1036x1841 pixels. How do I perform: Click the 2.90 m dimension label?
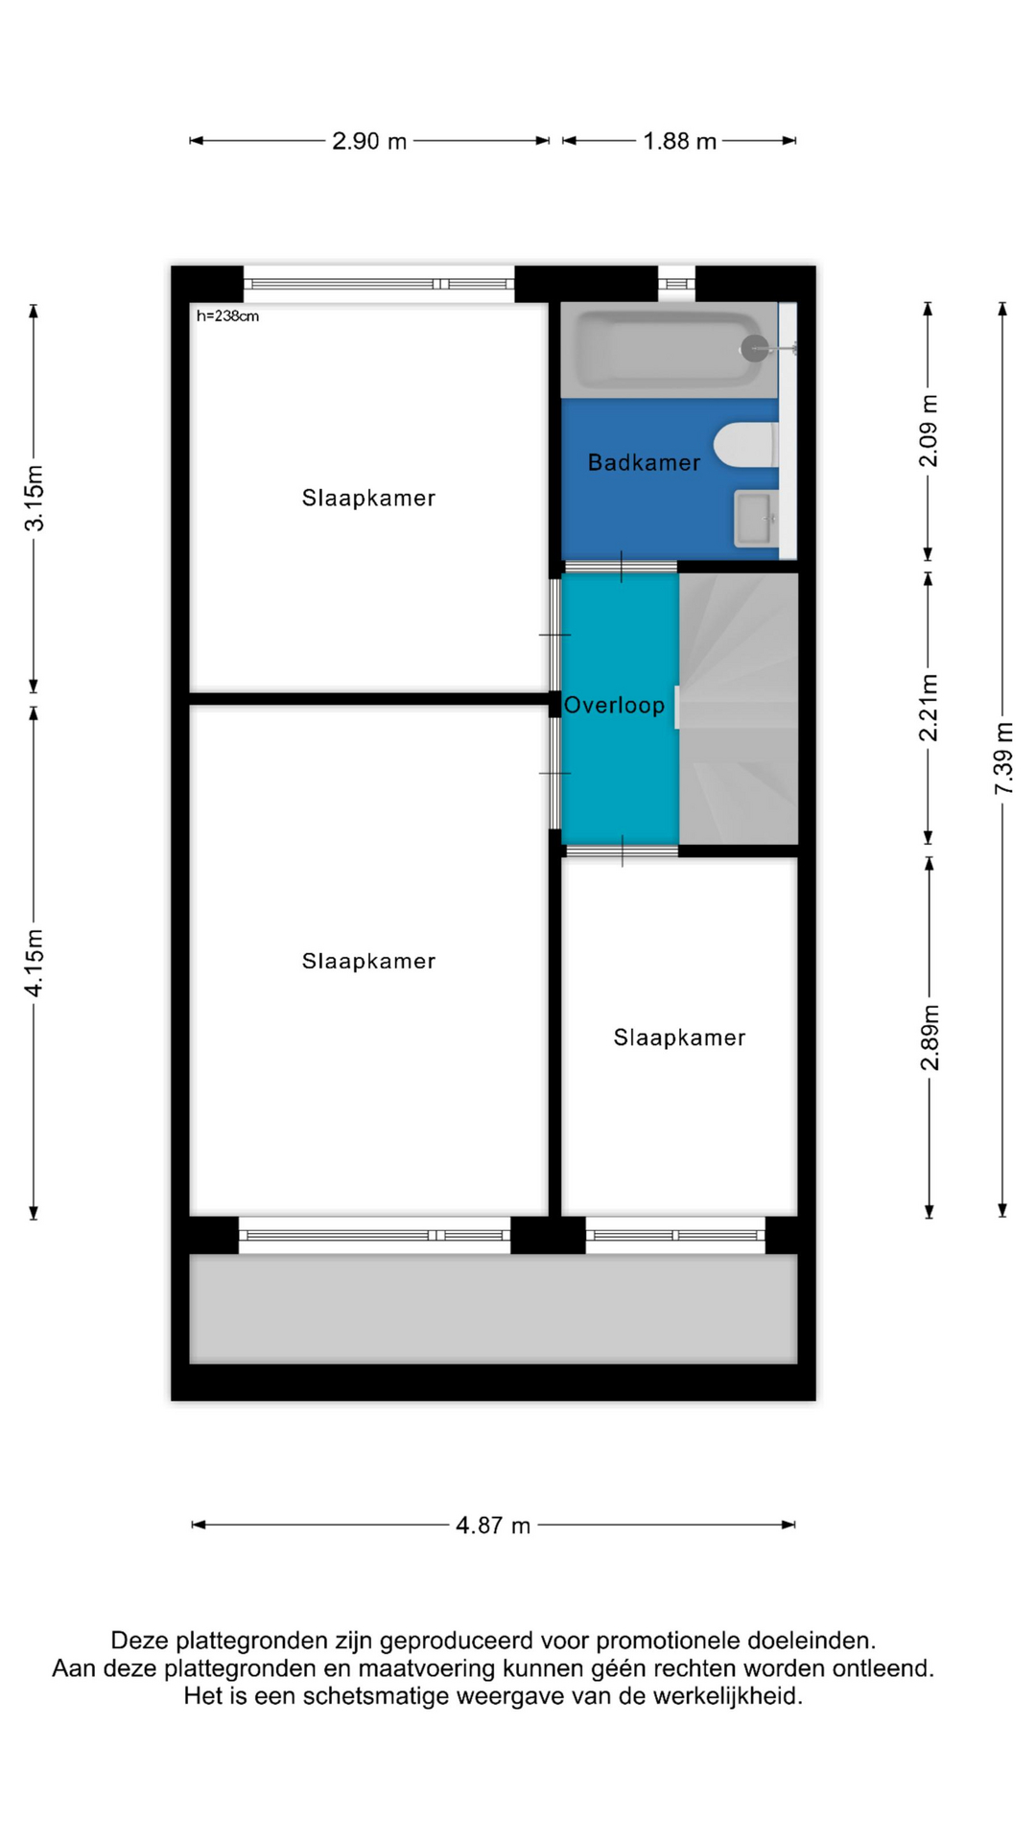tap(369, 141)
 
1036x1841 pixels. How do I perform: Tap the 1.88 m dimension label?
tap(679, 141)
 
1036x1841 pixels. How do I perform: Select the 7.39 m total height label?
tap(1003, 758)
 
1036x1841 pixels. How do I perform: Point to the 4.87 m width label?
tap(493, 1525)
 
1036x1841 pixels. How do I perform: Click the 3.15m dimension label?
tap(35, 498)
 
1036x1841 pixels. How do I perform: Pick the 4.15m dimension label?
tap(35, 963)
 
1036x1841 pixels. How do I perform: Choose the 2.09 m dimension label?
tap(930, 431)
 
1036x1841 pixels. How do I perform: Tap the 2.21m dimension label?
tap(930, 708)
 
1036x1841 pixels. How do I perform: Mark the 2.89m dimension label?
tap(930, 1037)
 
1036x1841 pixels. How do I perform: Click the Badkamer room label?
tap(644, 463)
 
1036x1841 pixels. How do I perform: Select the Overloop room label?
tap(614, 706)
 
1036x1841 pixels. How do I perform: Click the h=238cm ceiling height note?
tap(227, 316)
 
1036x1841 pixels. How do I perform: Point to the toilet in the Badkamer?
tap(746, 446)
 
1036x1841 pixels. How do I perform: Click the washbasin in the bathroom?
tap(757, 519)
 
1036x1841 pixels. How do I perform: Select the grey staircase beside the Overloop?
tap(739, 709)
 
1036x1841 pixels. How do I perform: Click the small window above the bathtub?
tap(676, 284)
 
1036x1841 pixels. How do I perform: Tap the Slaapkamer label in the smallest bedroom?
tap(679, 1037)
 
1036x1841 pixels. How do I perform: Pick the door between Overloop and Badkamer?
tap(621, 568)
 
